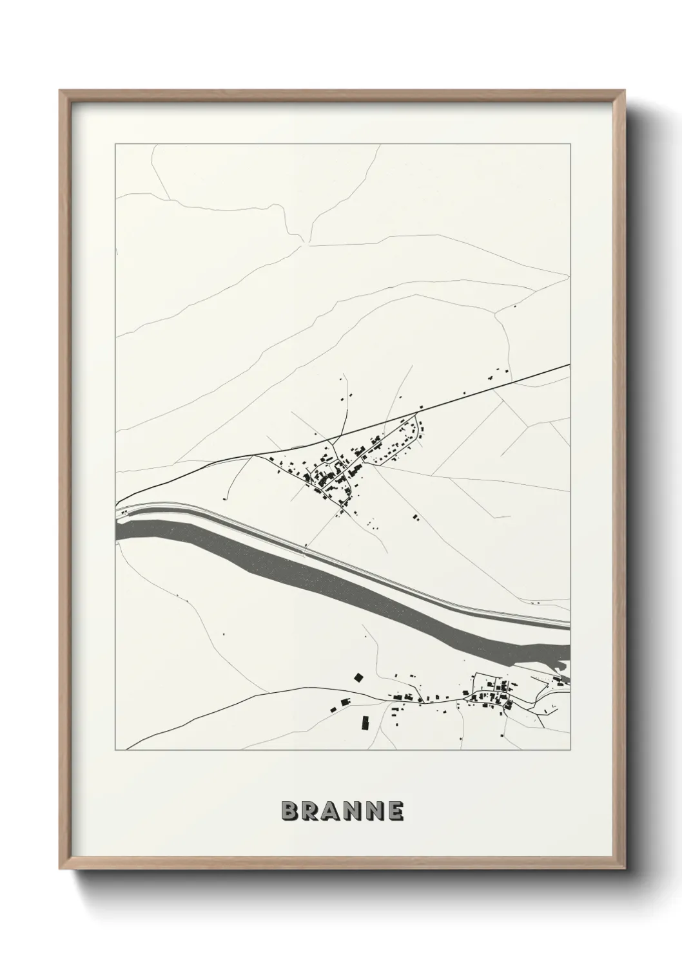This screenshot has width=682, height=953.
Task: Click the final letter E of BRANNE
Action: coord(395,811)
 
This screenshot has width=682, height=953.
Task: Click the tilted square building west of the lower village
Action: coord(358,677)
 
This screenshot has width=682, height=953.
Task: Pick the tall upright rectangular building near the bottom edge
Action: coord(365,723)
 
